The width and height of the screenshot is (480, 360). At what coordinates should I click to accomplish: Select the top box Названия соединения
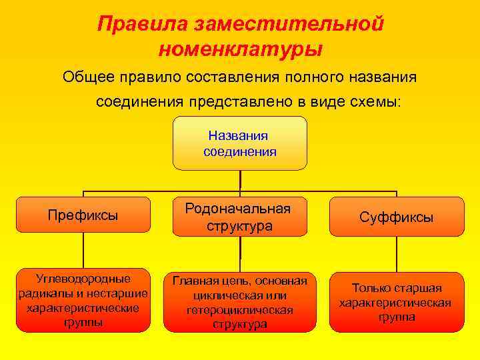(x=239, y=143)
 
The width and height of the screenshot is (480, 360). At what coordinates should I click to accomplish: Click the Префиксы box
(x=83, y=215)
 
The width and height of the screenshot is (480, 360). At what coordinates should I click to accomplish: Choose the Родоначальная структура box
(x=239, y=217)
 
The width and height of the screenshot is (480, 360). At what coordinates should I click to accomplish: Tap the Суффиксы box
(x=396, y=217)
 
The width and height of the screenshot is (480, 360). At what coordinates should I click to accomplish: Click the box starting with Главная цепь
(x=239, y=302)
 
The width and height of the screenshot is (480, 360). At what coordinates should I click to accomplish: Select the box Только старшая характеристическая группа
(x=396, y=302)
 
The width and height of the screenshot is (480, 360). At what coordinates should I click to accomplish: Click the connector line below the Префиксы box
(x=83, y=252)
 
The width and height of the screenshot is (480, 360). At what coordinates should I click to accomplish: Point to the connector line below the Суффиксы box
(x=396, y=254)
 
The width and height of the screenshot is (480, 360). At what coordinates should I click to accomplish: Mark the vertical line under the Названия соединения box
(x=240, y=180)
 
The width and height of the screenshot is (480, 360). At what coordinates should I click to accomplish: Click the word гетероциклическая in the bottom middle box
(x=240, y=311)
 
